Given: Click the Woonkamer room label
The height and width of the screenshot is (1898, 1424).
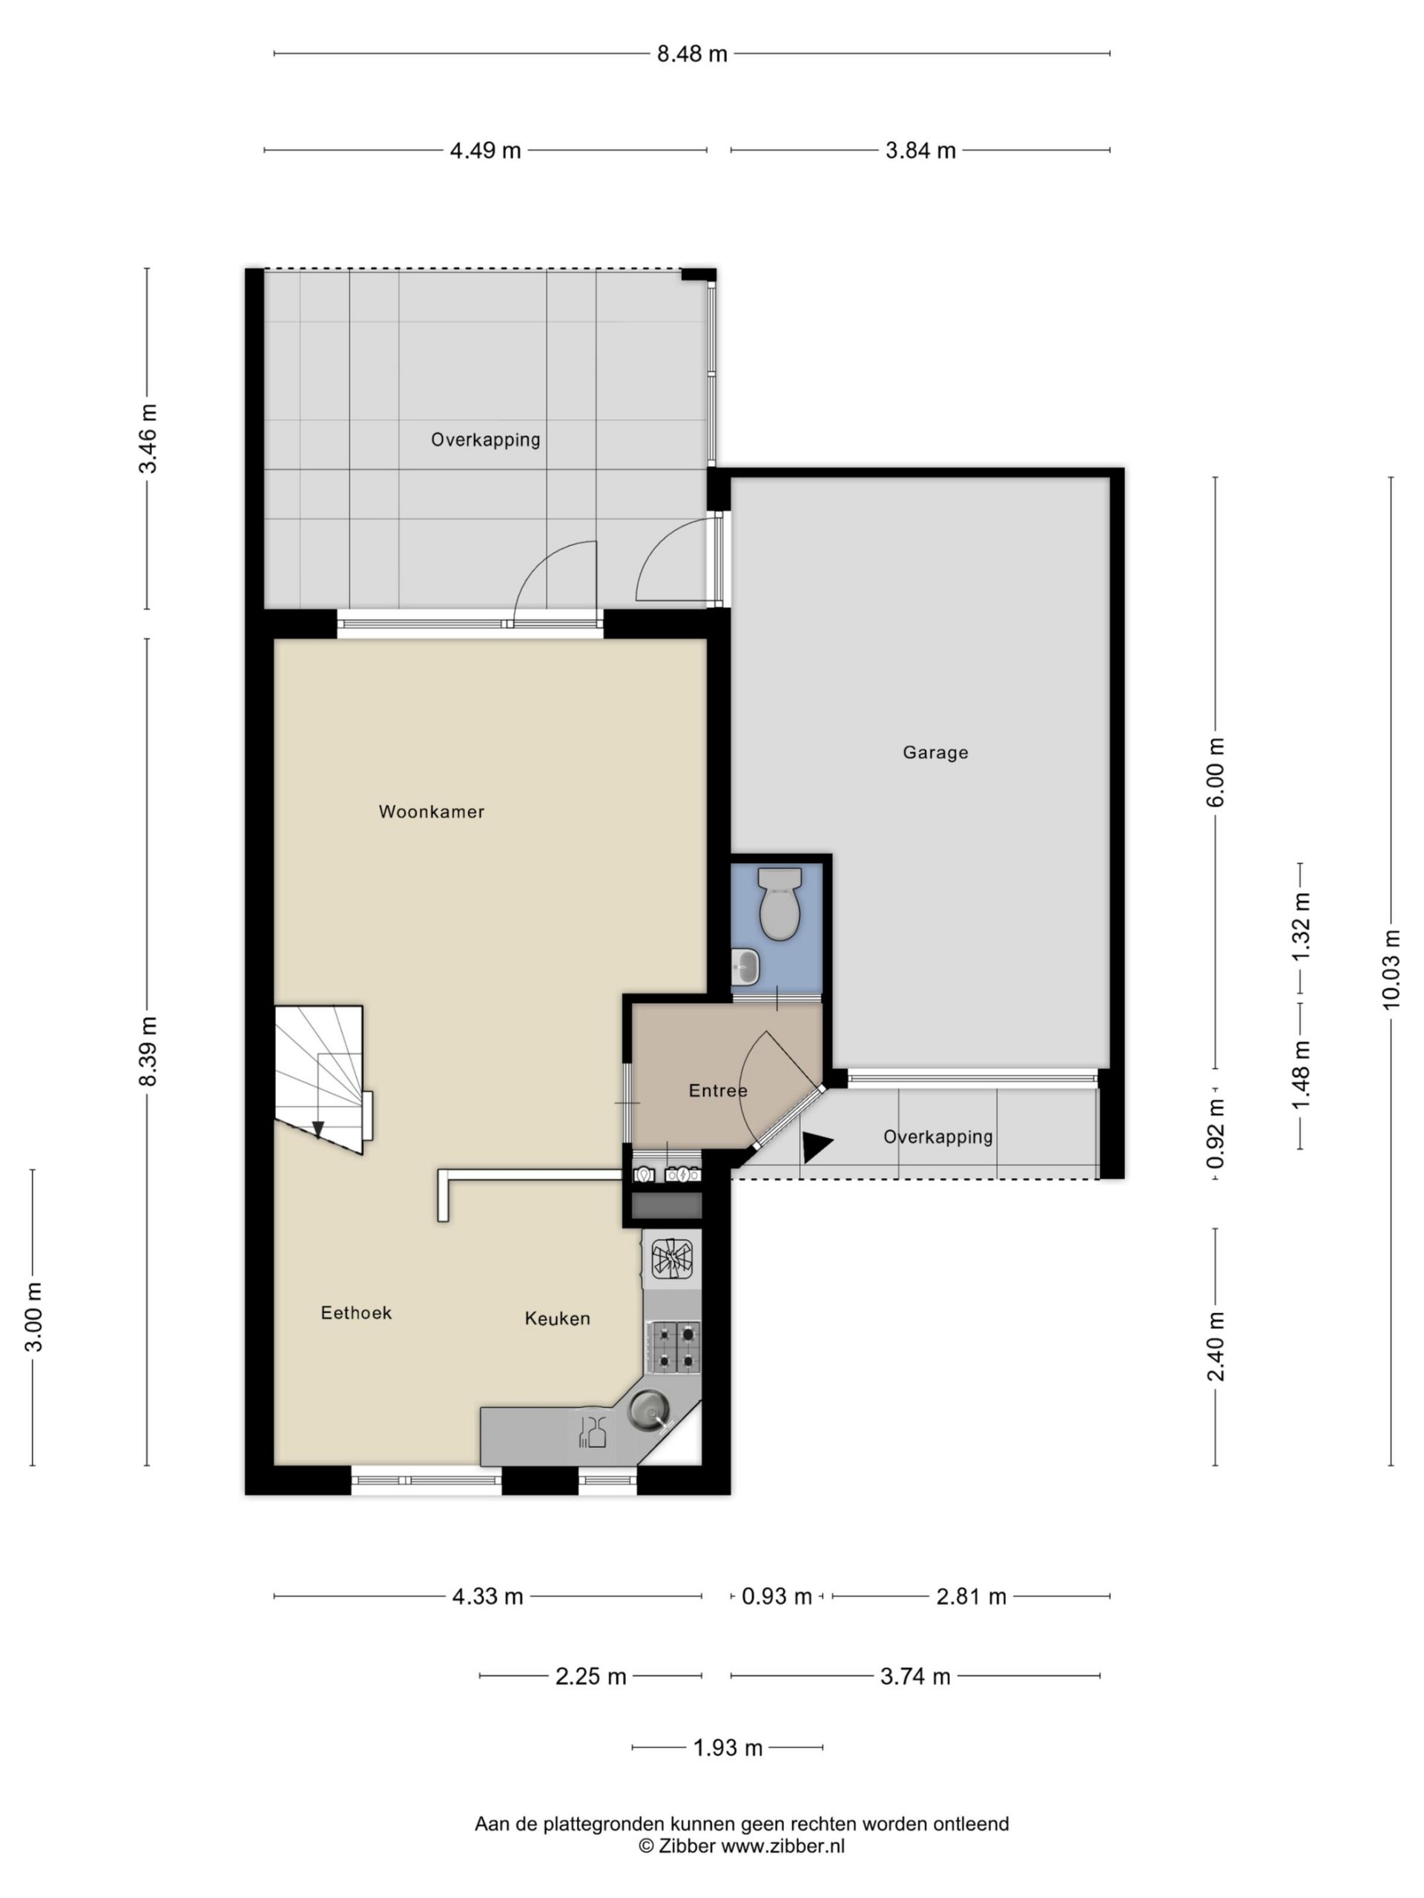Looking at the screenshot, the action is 431,811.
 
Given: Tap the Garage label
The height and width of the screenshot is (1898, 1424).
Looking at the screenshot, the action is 934,753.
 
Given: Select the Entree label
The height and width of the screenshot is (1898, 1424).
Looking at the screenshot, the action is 718,1090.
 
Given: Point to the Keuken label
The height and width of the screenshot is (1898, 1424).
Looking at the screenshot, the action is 557,1318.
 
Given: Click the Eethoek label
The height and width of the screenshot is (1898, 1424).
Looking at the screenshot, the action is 356,1312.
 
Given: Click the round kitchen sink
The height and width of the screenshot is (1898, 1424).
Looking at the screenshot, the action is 648,1411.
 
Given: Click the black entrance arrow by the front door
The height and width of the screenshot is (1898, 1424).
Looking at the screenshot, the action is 817,1146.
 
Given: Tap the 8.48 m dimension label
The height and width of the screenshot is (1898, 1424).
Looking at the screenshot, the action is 692,54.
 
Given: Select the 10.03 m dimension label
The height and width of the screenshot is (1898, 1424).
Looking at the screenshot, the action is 1391,969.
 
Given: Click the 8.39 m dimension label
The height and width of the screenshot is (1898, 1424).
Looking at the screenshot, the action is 148,1051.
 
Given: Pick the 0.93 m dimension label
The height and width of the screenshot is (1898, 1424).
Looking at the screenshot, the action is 777,1596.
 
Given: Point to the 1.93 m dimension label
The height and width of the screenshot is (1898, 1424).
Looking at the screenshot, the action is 728,1747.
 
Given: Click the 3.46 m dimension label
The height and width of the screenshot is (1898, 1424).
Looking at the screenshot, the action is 148,437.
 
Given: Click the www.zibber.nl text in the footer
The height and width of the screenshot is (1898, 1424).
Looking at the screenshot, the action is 782,1845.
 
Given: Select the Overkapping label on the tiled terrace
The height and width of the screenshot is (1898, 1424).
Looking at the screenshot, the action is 485,440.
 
